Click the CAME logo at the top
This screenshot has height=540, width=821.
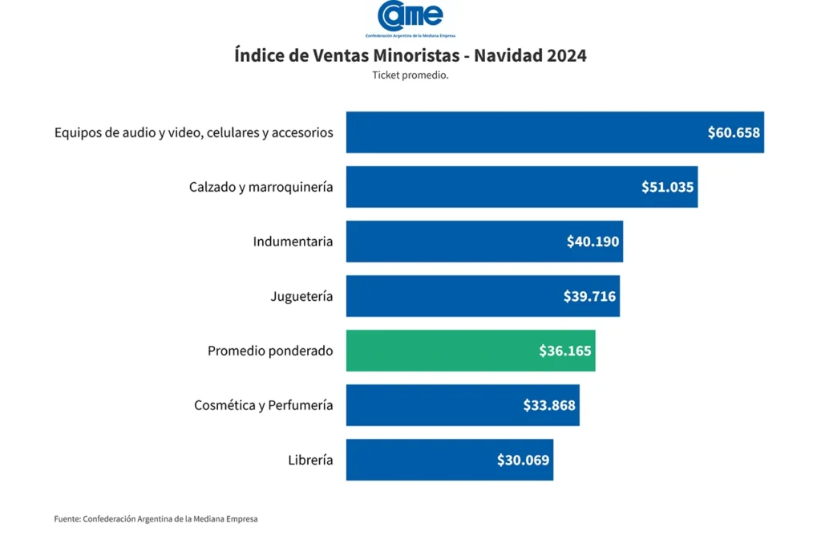pos(410,18)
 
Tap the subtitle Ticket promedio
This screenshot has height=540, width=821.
pos(410,75)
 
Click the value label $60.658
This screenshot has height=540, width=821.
pos(733,132)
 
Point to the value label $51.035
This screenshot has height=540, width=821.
pos(667,187)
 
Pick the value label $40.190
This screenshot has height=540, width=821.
pos(592,242)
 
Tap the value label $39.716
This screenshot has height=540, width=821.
pos(589,296)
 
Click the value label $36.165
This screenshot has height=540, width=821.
pos(565,351)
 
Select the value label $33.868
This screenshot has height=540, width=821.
pos(549,405)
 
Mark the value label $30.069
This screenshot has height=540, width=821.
pos(523,460)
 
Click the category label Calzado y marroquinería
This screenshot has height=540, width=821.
pos(261,187)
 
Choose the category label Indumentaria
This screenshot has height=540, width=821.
pos(293,242)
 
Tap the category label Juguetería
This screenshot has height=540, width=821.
pos(301,296)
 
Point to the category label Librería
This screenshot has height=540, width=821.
pos(310,460)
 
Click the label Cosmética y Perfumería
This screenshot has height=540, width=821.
pos(263,405)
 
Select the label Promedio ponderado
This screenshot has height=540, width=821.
pos(270,351)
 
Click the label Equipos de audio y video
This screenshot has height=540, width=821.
pos(193,132)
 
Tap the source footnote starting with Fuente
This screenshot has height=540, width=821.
pos(156,519)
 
